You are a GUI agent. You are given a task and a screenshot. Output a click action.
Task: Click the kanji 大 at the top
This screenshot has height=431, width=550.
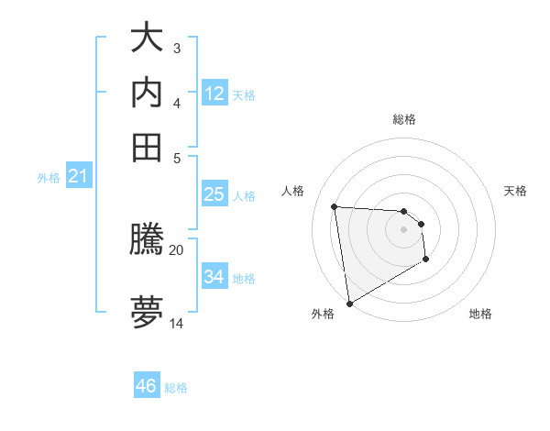point(147,39)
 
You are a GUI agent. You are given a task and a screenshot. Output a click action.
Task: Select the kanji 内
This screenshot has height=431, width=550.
point(147,93)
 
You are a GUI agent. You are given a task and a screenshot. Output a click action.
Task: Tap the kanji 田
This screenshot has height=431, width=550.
point(147,147)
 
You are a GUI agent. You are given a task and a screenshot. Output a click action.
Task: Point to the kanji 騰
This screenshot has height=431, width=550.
point(147,241)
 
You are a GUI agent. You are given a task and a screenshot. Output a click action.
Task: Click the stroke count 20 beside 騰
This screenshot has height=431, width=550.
point(176,249)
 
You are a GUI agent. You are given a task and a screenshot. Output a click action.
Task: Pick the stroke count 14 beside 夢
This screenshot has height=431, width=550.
point(177,323)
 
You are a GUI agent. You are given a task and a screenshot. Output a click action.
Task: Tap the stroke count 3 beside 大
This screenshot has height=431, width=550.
point(176,48)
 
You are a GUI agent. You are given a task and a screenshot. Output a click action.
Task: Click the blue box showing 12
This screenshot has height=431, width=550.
point(214,94)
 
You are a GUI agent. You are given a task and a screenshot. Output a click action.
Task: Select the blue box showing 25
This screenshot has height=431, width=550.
point(214,194)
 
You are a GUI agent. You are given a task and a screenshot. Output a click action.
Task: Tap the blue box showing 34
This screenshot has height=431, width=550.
point(214,276)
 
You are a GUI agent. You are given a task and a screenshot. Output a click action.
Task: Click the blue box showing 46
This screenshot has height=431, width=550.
point(146,386)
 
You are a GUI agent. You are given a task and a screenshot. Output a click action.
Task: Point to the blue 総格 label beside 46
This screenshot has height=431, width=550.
point(176,388)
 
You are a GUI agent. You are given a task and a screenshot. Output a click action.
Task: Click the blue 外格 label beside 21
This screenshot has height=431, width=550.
point(49,178)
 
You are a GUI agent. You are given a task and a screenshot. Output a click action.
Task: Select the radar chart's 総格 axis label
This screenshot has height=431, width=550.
point(403,119)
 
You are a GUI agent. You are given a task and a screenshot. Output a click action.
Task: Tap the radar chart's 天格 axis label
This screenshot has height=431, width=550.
point(515,191)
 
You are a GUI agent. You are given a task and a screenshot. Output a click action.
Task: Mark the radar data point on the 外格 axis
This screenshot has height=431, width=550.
point(349,304)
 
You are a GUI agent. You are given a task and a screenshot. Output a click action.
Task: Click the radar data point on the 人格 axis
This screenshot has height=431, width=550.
point(335,206)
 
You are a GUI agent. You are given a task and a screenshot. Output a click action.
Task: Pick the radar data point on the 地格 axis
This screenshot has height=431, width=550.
point(426,260)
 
